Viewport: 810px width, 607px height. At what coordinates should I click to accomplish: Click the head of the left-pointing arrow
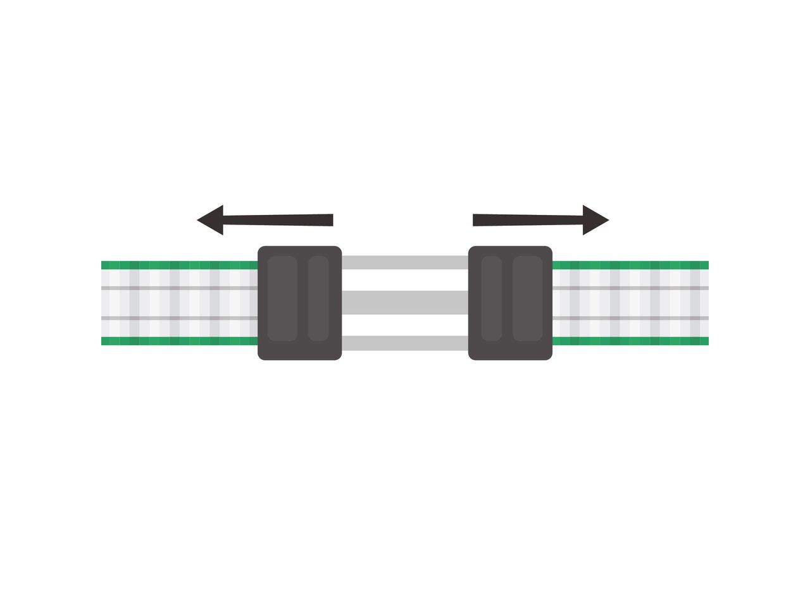coord(212,220)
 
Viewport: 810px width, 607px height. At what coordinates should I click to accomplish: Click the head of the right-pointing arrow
coord(594,220)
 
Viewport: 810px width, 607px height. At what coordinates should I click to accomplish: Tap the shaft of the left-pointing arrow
coord(278,220)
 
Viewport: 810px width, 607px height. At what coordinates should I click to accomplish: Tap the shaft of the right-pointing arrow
coord(528,219)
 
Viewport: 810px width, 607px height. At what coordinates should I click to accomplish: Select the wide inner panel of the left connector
coord(282,298)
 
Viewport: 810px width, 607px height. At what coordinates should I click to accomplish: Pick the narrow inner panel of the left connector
coord(318,298)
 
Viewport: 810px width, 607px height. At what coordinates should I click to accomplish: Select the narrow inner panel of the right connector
coord(492,298)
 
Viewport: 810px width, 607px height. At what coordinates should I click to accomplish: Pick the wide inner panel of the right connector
coord(528,298)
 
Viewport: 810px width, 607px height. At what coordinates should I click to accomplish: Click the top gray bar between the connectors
coord(405,262)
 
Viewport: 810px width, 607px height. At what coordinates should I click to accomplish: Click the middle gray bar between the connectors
coord(405,302)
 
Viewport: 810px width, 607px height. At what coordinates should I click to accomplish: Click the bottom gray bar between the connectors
coord(405,343)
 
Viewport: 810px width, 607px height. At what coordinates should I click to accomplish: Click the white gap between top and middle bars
coord(405,280)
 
